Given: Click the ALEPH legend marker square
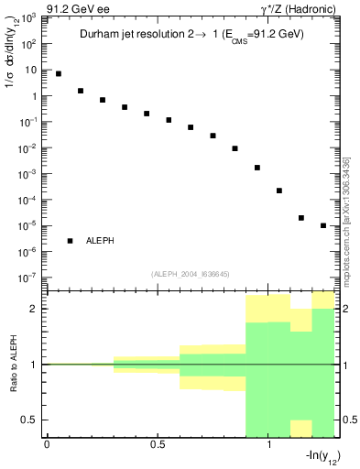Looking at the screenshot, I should point(71,241).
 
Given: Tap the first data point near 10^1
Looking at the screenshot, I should point(59,73).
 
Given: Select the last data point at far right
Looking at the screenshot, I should point(323,225).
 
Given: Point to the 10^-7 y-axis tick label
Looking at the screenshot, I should point(27,278).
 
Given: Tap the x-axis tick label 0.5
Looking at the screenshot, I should point(158,444).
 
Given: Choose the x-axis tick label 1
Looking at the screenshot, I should point(268,444).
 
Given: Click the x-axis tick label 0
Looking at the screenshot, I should point(47,444).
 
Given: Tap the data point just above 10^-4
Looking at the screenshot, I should point(279,191).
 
